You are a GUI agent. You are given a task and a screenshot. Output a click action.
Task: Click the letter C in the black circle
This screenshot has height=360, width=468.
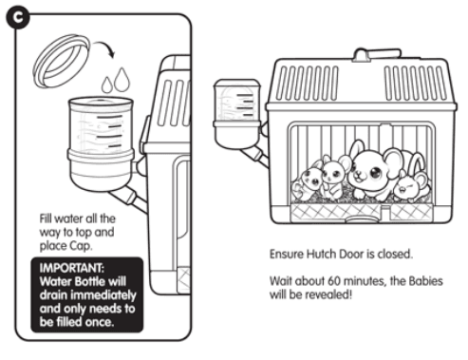tap(18, 17)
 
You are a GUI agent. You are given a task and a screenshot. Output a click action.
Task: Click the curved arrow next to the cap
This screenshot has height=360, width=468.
tap(105, 48)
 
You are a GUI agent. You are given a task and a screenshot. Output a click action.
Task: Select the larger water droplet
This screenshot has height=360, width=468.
tap(122, 79)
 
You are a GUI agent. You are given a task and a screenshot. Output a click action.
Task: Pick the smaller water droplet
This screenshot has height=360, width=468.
tap(107, 85)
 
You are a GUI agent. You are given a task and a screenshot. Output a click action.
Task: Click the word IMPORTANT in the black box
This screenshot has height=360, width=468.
tap(72, 268)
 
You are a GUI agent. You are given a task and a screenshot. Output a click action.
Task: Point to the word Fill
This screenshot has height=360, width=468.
tap(46, 218)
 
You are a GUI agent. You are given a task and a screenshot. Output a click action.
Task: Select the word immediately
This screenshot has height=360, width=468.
tap(103, 295)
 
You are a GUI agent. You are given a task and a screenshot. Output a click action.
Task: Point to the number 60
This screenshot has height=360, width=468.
tap(334, 281)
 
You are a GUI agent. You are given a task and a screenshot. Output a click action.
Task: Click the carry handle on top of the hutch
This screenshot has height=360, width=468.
tap(377, 54)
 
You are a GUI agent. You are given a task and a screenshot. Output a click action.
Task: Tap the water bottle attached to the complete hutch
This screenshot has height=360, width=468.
tap(237, 114)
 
